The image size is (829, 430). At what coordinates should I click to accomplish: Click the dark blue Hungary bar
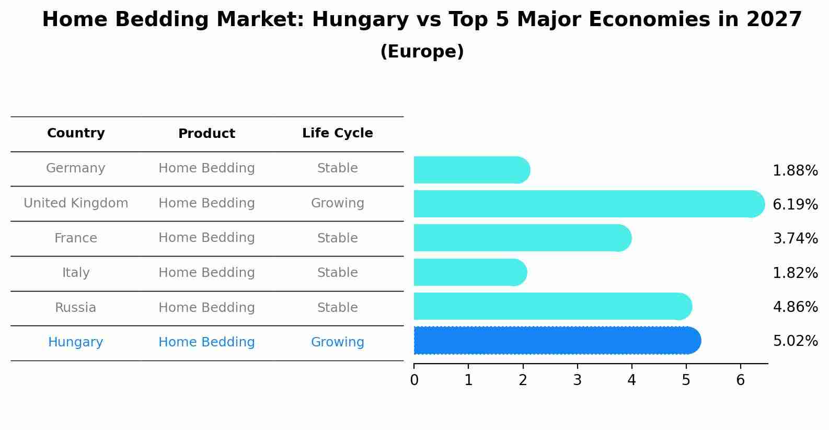557,341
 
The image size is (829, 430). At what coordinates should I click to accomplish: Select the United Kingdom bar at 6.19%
588,204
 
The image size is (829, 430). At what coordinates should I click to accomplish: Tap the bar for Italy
469,272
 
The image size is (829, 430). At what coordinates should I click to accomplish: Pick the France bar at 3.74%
522,238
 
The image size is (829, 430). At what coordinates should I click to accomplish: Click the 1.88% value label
795,171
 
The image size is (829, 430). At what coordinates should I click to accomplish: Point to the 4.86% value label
795,307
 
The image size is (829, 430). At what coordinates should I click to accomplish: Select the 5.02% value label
795,341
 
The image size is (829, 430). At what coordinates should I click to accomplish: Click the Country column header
76,133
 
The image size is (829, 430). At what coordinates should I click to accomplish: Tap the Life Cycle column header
337,133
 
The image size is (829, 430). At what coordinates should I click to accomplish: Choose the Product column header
206,134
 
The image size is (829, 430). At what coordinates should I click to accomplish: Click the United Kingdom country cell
76,203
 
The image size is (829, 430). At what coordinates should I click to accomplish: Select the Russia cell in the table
76,308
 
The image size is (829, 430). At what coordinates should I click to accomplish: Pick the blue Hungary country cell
76,342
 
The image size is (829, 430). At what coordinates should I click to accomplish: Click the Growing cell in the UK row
337,203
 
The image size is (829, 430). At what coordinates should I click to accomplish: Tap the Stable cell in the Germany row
337,168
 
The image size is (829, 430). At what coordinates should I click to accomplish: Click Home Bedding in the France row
206,238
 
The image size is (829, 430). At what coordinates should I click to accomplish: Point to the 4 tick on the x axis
631,380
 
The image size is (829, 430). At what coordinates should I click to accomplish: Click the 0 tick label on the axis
414,380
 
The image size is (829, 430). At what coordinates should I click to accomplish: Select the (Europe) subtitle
422,52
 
